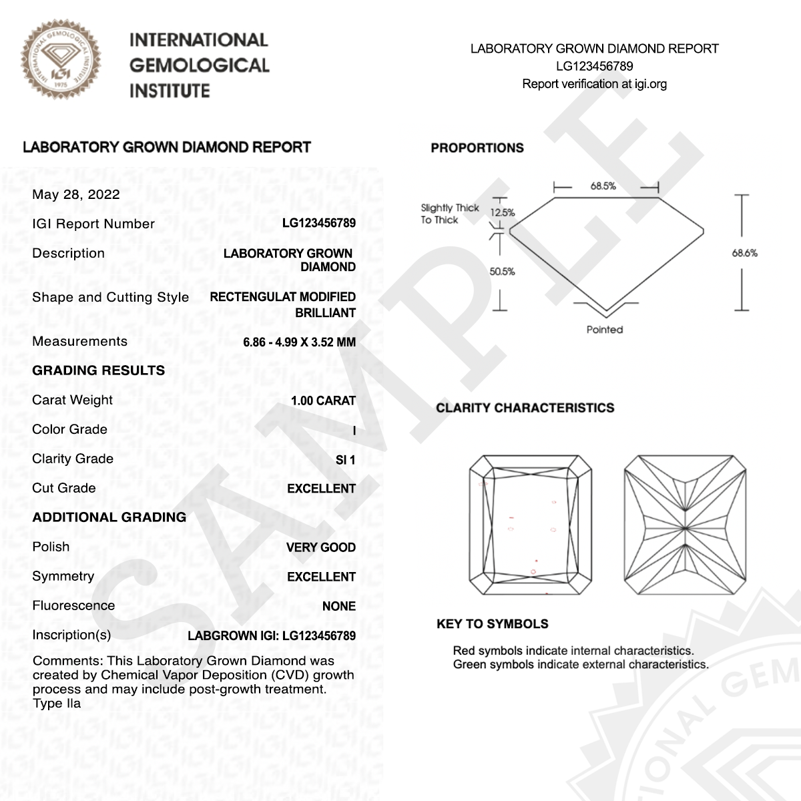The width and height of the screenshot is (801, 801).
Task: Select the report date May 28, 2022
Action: point(76,195)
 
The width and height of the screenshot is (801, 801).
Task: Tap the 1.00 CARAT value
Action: point(323,400)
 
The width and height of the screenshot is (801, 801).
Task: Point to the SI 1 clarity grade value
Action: point(345,460)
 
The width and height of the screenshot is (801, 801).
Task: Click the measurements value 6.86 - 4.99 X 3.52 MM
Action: point(299,342)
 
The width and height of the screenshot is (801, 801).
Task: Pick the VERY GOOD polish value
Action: point(320,547)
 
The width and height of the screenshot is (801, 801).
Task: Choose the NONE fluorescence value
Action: point(338,606)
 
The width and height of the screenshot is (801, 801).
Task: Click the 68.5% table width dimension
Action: point(603,186)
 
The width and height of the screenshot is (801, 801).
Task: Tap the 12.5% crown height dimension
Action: point(503,213)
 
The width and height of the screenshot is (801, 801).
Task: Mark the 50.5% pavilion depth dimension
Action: point(502,272)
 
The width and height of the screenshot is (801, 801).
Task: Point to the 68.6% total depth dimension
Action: point(744,253)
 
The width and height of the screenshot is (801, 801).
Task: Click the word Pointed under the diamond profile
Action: point(605,330)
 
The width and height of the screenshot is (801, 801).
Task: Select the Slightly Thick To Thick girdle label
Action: point(449,214)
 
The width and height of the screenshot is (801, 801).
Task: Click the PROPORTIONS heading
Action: point(477,148)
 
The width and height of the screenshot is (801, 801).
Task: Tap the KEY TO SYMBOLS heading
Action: point(493,624)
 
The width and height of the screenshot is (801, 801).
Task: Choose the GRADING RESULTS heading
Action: point(98,371)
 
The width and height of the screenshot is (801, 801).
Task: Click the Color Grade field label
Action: point(69,429)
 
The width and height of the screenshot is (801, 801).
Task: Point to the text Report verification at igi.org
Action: point(594,84)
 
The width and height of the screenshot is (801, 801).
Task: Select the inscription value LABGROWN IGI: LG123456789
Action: point(272,635)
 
